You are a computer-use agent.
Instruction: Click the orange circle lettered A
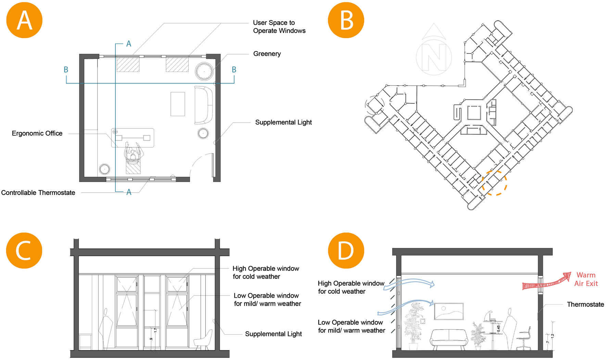[24, 20]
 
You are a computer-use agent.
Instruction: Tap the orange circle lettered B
[346, 20]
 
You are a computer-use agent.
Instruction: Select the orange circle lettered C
[24, 250]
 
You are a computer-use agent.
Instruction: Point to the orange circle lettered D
[346, 250]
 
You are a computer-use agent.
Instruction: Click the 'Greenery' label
[267, 54]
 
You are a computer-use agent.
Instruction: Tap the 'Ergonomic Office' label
[37, 133]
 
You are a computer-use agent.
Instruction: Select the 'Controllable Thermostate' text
[38, 193]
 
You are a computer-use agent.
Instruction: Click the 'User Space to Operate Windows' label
[279, 27]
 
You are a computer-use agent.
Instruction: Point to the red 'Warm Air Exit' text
[586, 279]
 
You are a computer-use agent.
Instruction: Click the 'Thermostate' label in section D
[585, 305]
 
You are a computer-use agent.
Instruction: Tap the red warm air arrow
[546, 283]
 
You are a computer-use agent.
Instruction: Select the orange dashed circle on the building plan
[494, 183]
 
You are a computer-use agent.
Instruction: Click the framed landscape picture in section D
[449, 311]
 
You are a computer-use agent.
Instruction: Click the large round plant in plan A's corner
[204, 71]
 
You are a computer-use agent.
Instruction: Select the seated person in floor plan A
[133, 154]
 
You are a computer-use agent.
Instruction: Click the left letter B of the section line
[66, 70]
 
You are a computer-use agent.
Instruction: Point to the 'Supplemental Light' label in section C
[273, 334]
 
